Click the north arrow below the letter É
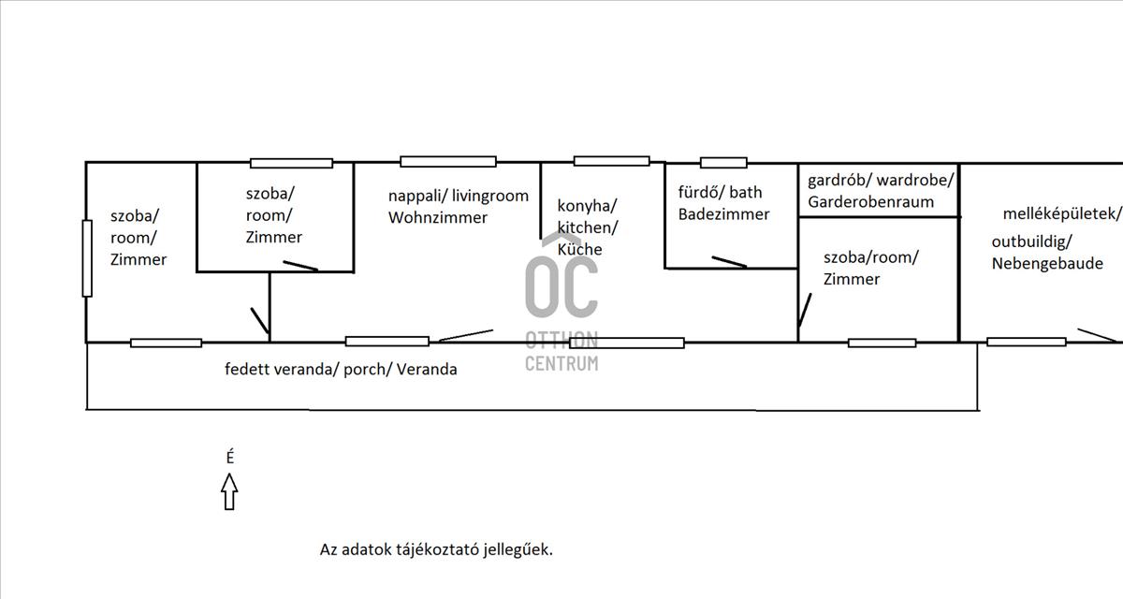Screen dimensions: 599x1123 [x=229, y=491]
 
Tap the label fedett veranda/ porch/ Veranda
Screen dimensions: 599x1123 [x=341, y=370]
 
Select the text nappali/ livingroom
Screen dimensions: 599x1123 [x=459, y=197]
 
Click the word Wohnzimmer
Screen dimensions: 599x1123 [x=438, y=218]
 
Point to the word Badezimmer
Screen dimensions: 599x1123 [x=724, y=214]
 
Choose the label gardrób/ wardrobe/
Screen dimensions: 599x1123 [x=881, y=179]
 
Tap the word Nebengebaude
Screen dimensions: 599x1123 [x=1047, y=264]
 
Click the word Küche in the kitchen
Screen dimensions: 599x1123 [x=580, y=250]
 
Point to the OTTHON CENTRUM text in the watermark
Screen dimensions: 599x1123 [x=561, y=351]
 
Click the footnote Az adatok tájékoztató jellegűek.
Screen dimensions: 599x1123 [x=436, y=549]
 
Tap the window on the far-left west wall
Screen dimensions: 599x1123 [x=87, y=258]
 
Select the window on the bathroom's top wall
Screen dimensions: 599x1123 [x=723, y=163]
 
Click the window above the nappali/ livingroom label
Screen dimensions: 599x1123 [x=448, y=162]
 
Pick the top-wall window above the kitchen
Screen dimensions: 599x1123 [x=611, y=161]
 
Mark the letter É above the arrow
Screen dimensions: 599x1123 [x=230, y=458]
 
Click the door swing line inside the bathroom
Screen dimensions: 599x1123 [x=728, y=262]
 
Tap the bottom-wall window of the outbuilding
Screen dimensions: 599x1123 [x=1026, y=342]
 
